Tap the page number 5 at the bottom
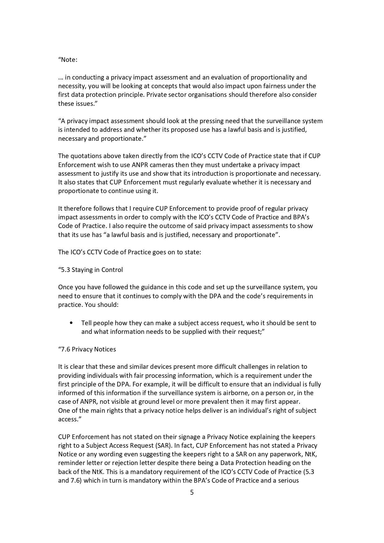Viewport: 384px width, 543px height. [192, 493]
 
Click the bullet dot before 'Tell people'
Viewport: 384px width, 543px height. [71, 323]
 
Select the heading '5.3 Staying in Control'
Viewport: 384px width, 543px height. [91, 270]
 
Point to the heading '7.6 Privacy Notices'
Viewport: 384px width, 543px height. [88, 349]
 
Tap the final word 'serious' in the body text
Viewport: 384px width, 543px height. [288, 481]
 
